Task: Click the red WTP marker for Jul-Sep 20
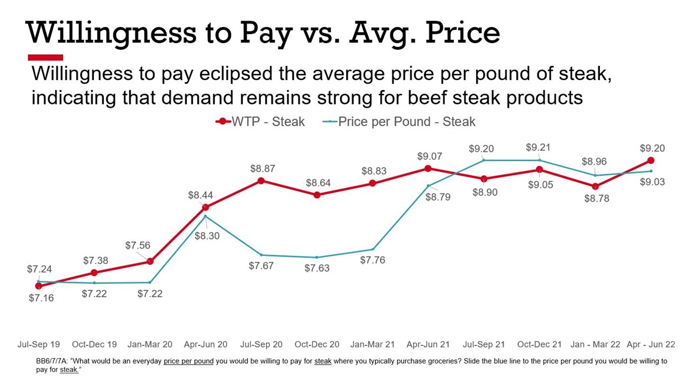coord(261,181)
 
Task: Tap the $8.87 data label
coord(262,169)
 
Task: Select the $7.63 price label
coord(317,268)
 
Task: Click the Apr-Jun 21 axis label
coord(428,344)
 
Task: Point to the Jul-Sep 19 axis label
coord(39,344)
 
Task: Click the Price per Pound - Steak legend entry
coord(399,122)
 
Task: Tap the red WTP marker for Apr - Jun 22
coord(651,161)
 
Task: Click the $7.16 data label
coord(41,298)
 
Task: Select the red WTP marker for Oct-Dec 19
coord(95,273)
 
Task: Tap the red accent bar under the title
coord(45,57)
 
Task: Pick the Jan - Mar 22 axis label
coord(595,344)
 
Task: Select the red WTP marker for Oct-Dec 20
coord(317,195)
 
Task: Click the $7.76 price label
coord(373,260)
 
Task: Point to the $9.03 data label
coord(652,182)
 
